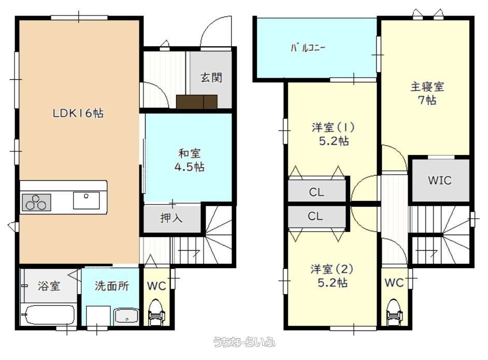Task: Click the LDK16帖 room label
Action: pyautogui.click(x=78, y=113)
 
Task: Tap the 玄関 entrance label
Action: pyautogui.click(x=211, y=77)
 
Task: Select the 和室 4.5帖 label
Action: pyautogui.click(x=189, y=160)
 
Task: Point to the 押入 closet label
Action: pyautogui.click(x=171, y=218)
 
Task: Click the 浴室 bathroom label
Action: pyautogui.click(x=49, y=285)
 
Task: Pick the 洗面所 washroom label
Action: pyautogui.click(x=112, y=285)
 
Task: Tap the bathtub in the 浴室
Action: pyautogui.click(x=49, y=314)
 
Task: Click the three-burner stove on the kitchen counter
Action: pyautogui.click(x=36, y=202)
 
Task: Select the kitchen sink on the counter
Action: pyautogui.click(x=86, y=200)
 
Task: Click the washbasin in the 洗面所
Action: pyautogui.click(x=126, y=316)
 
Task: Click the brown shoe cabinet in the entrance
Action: pyautogui.click(x=197, y=102)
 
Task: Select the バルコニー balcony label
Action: pyautogui.click(x=308, y=48)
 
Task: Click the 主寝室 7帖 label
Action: pyautogui.click(x=427, y=93)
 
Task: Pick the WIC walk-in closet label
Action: pyautogui.click(x=439, y=180)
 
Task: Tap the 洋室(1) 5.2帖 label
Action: pyautogui.click(x=333, y=134)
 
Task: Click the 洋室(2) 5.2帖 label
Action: pyautogui.click(x=332, y=276)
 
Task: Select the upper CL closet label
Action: pyautogui.click(x=317, y=192)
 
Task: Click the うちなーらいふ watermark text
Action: pyautogui.click(x=244, y=342)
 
